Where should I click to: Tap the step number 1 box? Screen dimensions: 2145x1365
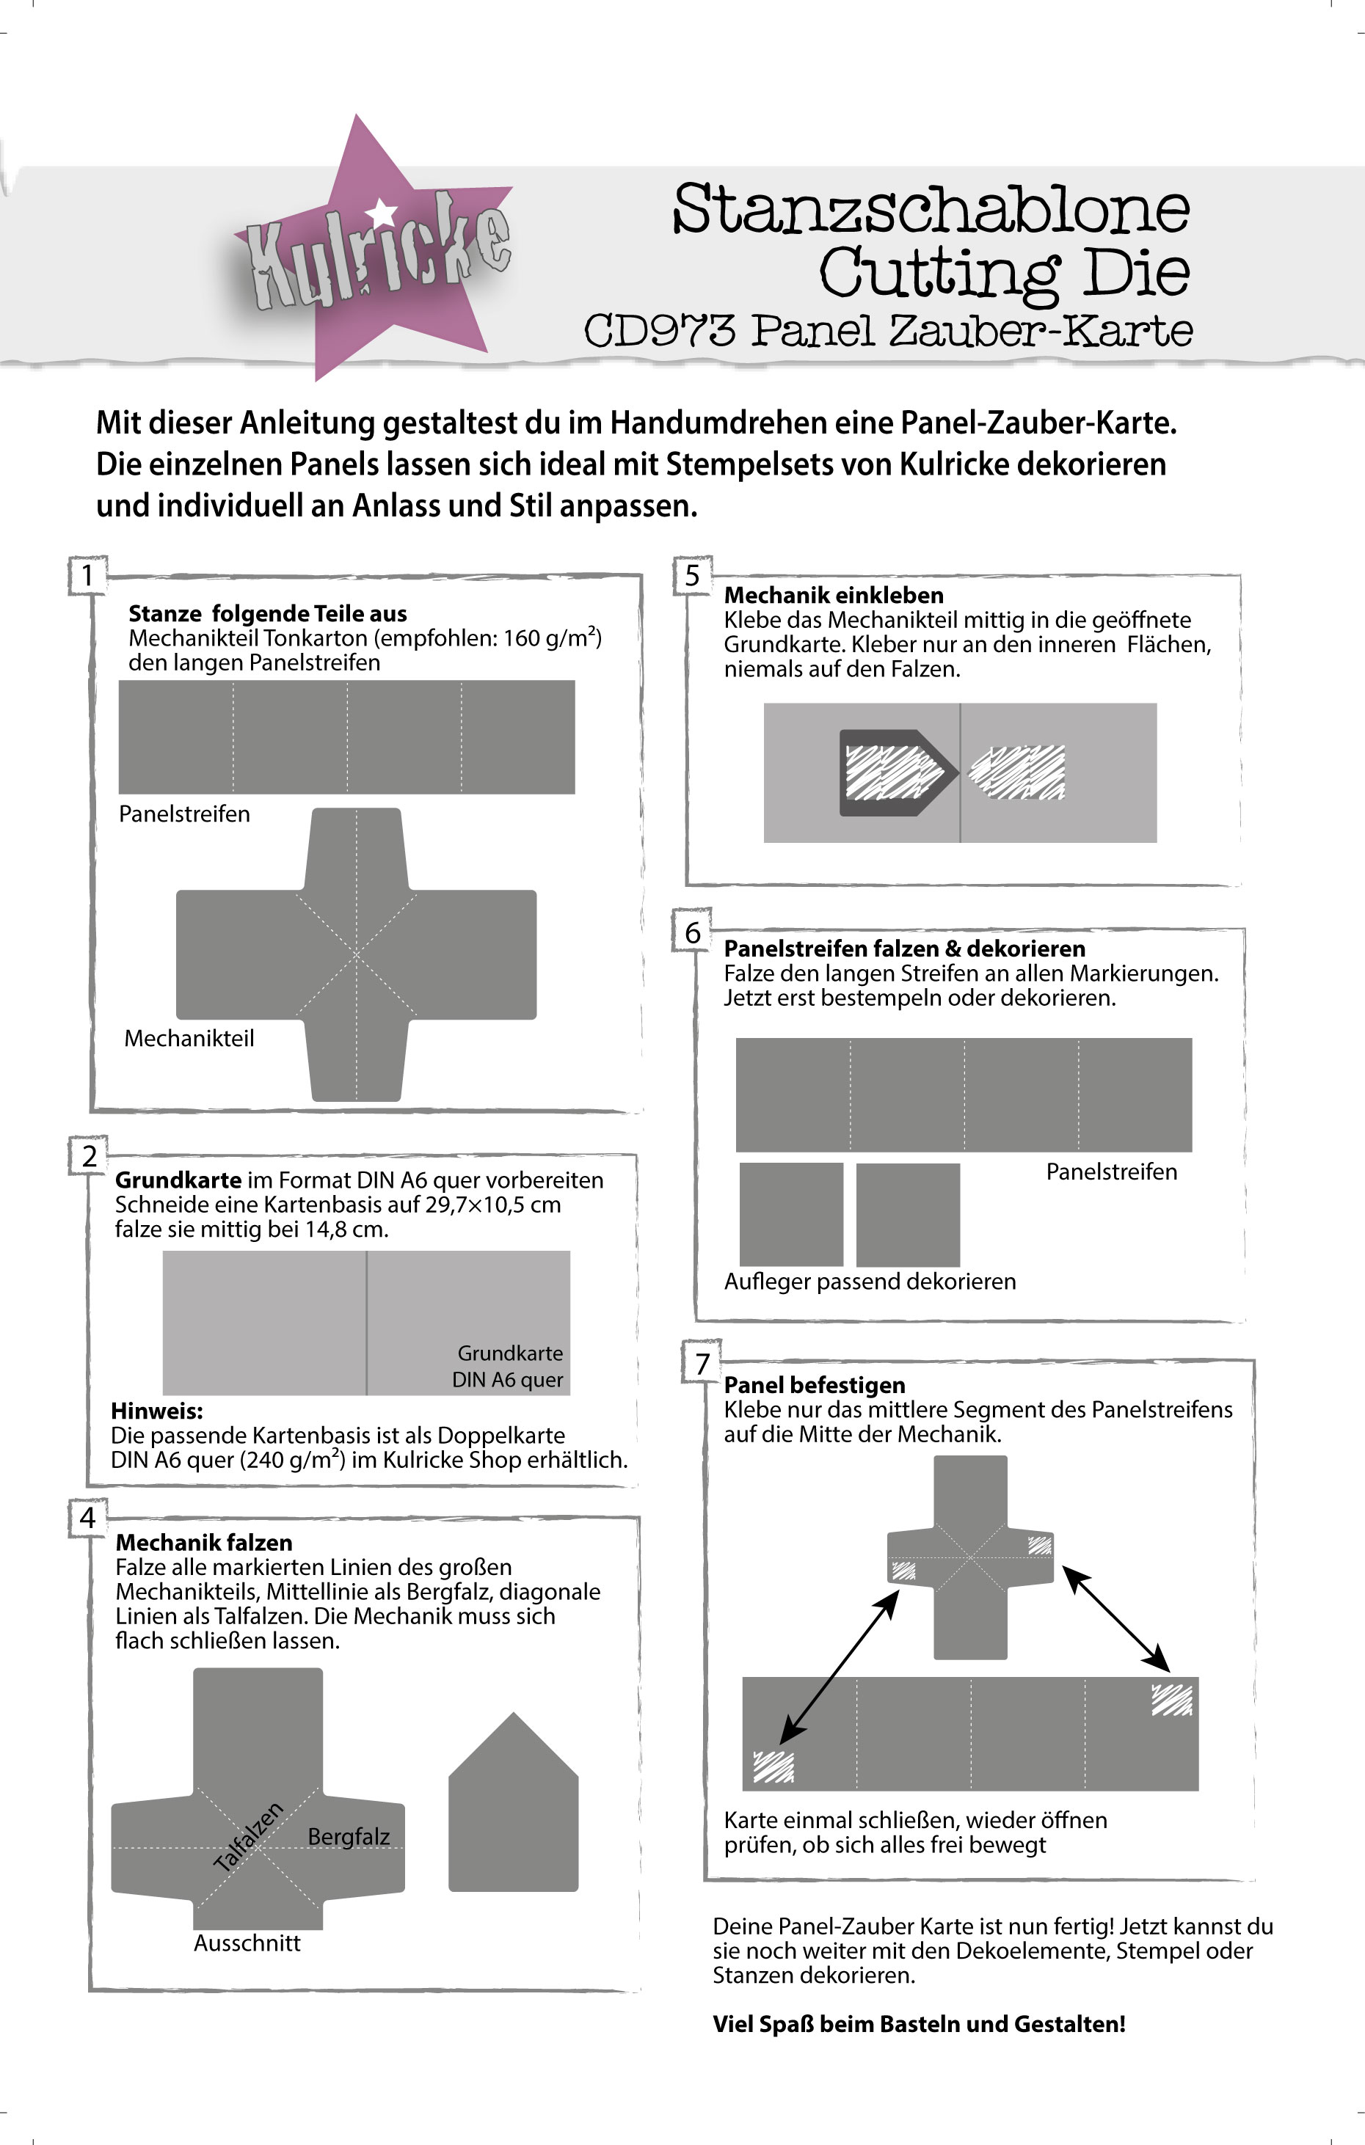(87, 575)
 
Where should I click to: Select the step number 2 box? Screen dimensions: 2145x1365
(89, 1155)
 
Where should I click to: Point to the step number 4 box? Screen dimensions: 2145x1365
(87, 1517)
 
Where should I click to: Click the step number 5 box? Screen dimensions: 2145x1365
(692, 575)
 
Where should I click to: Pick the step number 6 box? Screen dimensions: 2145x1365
(692, 932)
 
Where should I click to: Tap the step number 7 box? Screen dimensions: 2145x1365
(702, 1363)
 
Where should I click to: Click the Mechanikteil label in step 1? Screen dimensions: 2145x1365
(189, 1038)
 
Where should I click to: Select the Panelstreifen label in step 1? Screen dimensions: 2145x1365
(184, 814)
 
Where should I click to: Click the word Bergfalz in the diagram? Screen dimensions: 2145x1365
(349, 1836)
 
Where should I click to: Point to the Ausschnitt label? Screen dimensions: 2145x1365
(247, 1943)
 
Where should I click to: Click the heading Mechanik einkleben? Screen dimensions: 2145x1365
(833, 595)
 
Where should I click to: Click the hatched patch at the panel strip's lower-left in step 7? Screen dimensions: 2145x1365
(773, 1766)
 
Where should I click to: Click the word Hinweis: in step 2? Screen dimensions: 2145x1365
(157, 1411)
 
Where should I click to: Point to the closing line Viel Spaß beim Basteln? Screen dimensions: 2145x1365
(919, 2023)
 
